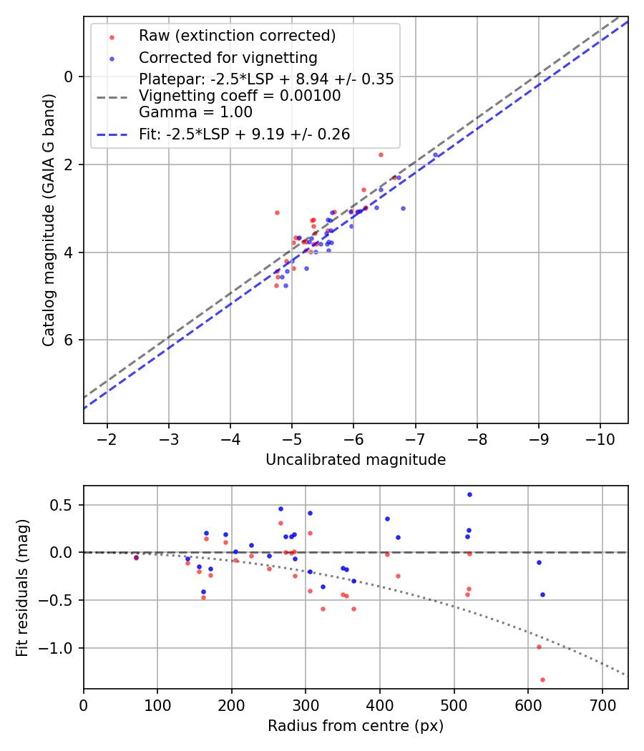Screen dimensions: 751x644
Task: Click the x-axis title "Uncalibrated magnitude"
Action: tap(356, 460)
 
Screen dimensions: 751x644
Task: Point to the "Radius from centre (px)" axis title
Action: tap(356, 726)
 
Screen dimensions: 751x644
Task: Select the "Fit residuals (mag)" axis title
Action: tap(22, 586)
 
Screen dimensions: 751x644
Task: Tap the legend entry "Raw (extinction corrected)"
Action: tap(237, 36)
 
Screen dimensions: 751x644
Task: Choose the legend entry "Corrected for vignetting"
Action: tap(228, 58)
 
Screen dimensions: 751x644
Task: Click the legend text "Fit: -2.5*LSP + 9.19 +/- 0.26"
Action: tap(244, 134)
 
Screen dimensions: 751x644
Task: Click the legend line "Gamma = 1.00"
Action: tap(195, 112)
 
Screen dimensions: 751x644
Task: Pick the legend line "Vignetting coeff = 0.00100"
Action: tap(240, 96)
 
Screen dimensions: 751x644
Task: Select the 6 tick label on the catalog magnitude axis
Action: tap(69, 340)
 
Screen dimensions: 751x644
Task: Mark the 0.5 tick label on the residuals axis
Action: tap(65, 505)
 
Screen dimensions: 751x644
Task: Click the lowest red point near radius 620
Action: tap(542, 679)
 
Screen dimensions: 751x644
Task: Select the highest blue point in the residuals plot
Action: tap(469, 494)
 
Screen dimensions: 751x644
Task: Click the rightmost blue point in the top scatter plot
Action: tap(435, 154)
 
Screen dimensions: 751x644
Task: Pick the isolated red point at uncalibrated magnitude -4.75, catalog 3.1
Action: tap(277, 212)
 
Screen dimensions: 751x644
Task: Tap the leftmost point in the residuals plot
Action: tap(136, 557)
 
